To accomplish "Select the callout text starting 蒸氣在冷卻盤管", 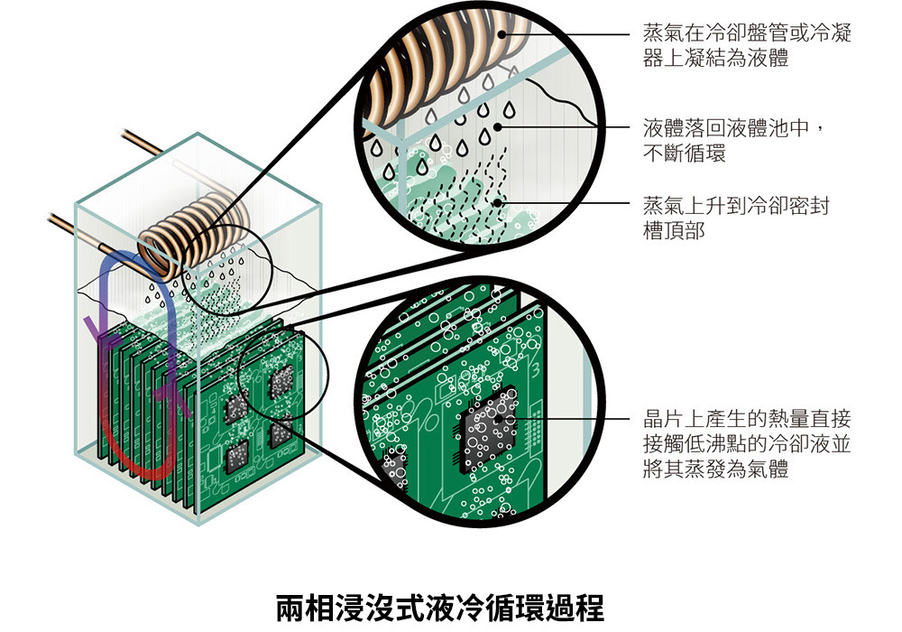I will pyautogui.click(x=747, y=44).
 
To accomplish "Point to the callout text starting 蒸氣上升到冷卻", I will pyautogui.click(x=735, y=218).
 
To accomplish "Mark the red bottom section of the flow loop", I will pyautogui.click(x=135, y=460).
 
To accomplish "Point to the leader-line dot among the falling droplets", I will pyautogui.click(x=499, y=126).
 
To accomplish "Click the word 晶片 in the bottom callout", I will pyautogui.click(x=662, y=420).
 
